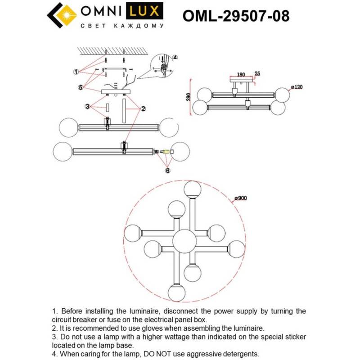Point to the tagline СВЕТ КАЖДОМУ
(121, 27)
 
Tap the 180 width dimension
(240, 74)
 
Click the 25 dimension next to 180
(257, 73)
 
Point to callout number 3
(88, 107)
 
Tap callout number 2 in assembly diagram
(143, 108)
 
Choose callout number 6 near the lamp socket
(168, 171)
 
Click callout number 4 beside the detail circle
(175, 58)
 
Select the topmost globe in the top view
(193, 189)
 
